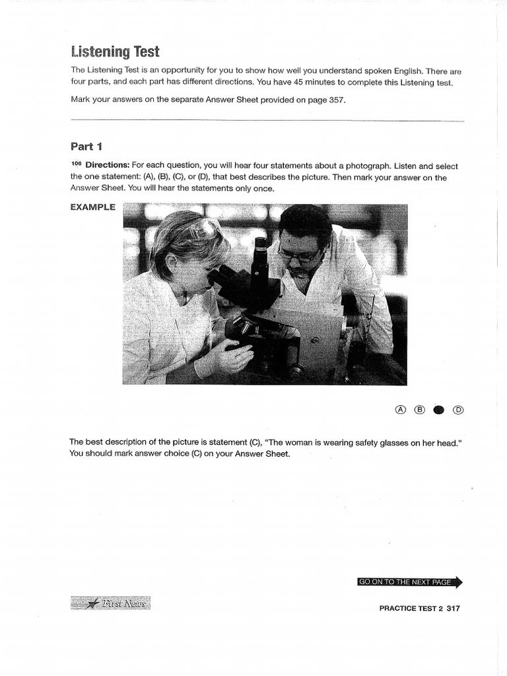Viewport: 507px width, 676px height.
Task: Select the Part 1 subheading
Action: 86,147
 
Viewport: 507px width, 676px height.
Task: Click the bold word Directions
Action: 106,166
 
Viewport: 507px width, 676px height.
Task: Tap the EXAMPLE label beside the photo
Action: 92,207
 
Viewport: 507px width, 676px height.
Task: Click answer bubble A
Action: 400,410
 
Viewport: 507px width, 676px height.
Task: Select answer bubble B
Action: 419,410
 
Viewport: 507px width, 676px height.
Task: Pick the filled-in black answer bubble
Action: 438,410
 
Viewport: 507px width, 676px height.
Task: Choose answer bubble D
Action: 458,410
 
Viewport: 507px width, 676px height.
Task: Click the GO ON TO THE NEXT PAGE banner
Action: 405,582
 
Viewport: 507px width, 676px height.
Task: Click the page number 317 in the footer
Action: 453,609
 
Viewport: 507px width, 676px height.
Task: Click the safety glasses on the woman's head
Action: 203,229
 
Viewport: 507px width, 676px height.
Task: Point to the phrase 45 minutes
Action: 313,83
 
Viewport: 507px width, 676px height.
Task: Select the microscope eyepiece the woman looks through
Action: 225,275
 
